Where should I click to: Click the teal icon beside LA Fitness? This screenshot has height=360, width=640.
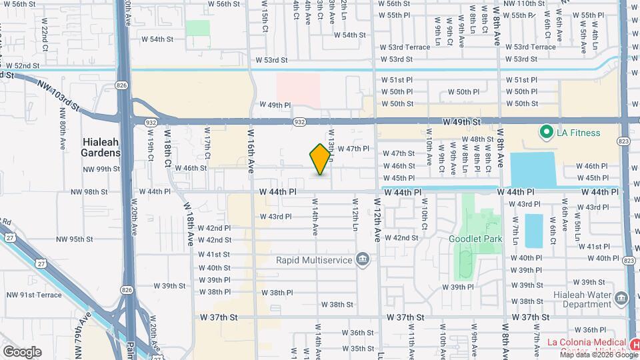point(546,132)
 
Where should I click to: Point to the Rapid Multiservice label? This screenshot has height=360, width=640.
point(314,259)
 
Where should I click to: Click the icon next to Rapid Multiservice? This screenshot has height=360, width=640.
point(363,259)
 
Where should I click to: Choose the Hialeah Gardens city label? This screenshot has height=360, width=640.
point(101,147)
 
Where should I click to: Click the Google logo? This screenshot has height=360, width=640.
point(22,351)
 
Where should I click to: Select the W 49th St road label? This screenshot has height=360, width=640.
point(461,123)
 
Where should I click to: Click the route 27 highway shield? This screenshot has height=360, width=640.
point(10,238)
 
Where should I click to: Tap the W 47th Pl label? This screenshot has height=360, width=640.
point(353,149)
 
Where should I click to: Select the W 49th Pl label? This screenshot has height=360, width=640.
point(275,105)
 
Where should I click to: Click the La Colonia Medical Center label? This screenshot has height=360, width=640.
point(587,347)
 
